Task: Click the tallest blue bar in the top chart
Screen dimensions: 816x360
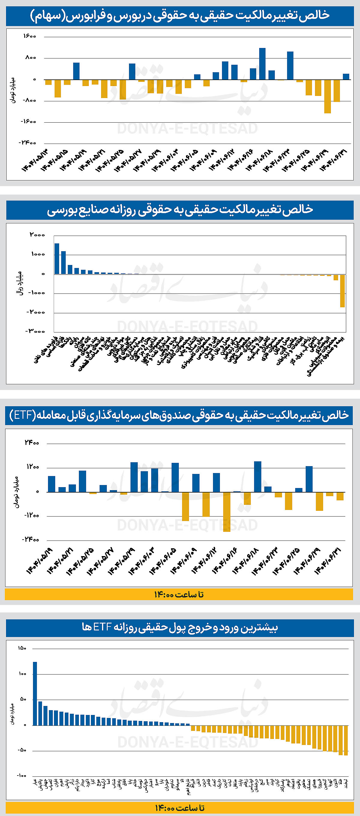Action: [262, 64]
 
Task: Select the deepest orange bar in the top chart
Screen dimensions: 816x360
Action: [327, 96]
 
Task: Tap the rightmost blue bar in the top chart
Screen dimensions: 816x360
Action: [346, 77]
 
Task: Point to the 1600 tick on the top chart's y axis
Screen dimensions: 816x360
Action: [30, 36]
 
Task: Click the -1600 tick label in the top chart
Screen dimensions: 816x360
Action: [28, 122]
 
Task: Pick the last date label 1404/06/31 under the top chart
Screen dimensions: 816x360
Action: [334, 160]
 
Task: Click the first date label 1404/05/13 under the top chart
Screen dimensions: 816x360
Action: [35, 160]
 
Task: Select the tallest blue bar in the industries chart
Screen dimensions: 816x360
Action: [57, 258]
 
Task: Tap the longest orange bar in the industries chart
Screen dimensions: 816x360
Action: [342, 290]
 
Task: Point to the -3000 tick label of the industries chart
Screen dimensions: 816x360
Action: [35, 331]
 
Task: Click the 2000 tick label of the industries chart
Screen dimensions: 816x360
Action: [37, 235]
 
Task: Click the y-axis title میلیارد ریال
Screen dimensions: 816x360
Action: [19, 283]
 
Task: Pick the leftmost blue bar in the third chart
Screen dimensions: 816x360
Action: [51, 484]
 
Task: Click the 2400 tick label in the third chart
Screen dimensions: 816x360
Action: [32, 442]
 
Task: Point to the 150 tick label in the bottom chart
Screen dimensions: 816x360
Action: [22, 648]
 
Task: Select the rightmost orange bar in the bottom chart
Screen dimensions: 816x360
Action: [346, 740]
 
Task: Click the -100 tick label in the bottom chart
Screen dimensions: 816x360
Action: [22, 776]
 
